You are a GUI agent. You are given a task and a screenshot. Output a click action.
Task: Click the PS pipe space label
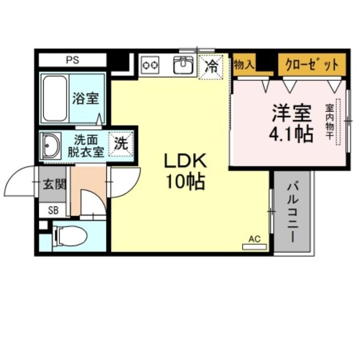(x=73, y=60)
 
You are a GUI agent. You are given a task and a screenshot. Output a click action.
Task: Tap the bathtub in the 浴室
(x=55, y=98)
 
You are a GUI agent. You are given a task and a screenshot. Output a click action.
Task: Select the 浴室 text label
(x=86, y=98)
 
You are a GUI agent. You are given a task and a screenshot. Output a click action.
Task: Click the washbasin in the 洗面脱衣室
(x=50, y=145)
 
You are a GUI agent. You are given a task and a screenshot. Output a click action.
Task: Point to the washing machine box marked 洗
(x=121, y=144)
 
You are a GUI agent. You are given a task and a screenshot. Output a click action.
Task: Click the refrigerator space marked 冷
(x=211, y=67)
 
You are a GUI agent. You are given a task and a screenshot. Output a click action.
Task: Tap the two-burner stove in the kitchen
(x=150, y=65)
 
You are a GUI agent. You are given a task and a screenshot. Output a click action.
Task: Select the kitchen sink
(x=183, y=65)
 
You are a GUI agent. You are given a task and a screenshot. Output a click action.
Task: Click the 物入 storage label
(x=244, y=64)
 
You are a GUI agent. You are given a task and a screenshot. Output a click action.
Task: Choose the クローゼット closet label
(x=312, y=65)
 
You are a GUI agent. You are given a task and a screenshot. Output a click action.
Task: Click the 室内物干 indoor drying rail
(x=338, y=122)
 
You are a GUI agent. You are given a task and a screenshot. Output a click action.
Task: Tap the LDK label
(x=185, y=162)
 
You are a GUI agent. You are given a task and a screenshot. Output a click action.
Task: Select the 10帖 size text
(x=185, y=182)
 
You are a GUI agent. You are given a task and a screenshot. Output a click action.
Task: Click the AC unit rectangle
(x=255, y=247)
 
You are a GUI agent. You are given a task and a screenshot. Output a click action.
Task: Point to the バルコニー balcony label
(x=293, y=212)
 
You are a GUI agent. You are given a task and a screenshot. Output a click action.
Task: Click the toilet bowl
(x=71, y=236)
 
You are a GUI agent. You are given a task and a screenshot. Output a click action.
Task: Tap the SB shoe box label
(x=53, y=210)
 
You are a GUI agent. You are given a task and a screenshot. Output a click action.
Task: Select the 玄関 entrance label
(x=55, y=184)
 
